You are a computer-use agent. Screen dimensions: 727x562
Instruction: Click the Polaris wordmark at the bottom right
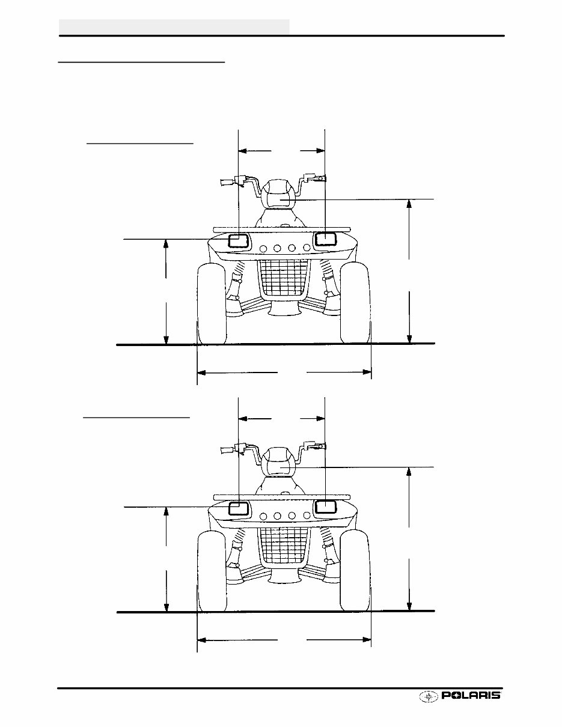tap(471, 696)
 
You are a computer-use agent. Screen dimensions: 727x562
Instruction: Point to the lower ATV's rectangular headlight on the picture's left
tap(238, 508)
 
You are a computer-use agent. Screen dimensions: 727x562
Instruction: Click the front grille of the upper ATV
tap(281, 279)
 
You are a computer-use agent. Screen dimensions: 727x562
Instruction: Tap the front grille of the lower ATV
tap(281, 546)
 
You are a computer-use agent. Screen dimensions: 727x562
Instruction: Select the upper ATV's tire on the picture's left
tap(212, 303)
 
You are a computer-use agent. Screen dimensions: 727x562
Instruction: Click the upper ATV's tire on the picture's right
tap(355, 303)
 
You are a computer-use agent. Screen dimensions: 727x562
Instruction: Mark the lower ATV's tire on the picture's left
tap(212, 571)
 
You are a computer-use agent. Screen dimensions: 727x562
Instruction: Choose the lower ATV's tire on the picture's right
tap(355, 571)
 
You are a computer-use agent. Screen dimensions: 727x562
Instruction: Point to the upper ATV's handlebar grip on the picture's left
tap(226, 181)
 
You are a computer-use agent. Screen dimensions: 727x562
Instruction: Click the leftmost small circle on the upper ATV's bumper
tap(263, 248)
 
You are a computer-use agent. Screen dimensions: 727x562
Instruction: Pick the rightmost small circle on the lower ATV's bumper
tap(307, 515)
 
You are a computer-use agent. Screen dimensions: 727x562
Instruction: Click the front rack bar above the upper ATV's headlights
tap(281, 229)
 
